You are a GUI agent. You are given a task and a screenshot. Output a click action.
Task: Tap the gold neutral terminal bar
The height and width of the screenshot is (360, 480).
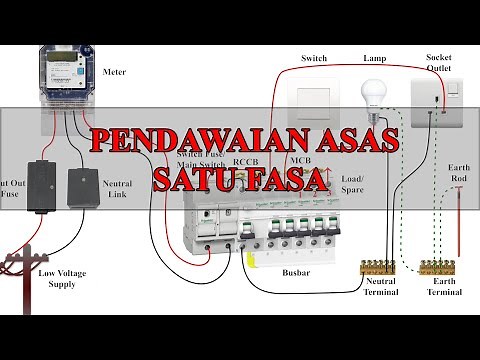point(378,268)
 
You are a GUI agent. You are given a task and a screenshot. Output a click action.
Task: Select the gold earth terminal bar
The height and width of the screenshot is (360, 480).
point(440,268)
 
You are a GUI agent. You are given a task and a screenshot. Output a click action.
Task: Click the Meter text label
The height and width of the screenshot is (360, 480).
point(114,73)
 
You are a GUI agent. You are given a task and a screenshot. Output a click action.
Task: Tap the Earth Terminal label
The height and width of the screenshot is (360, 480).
point(444,287)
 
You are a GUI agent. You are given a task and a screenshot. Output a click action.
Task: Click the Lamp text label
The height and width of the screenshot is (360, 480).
point(374,58)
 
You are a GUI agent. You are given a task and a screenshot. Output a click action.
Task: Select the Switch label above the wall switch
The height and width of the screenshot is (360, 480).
point(314,58)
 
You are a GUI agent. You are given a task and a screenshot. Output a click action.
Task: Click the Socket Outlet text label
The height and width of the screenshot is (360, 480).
point(440,62)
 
